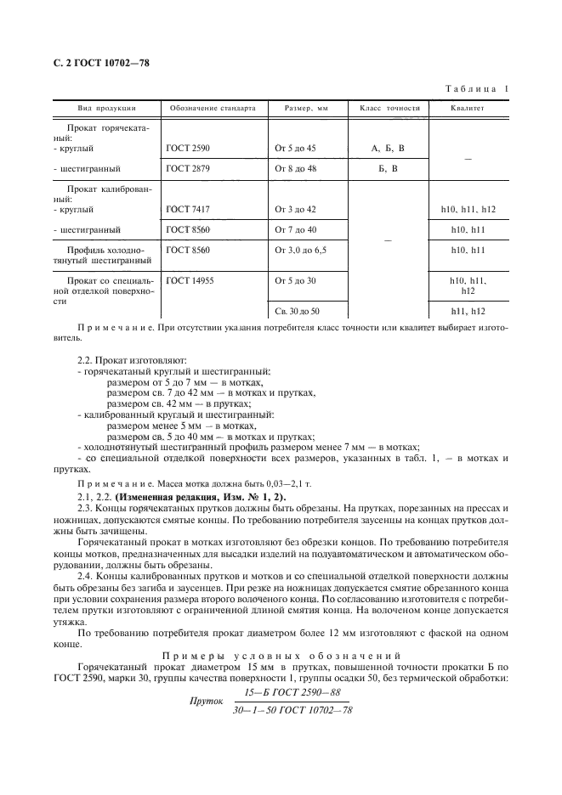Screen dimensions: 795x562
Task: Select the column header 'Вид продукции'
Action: (x=107, y=109)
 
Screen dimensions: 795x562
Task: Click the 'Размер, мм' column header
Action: (x=306, y=109)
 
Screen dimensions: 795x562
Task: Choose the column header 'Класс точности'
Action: (x=390, y=109)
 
